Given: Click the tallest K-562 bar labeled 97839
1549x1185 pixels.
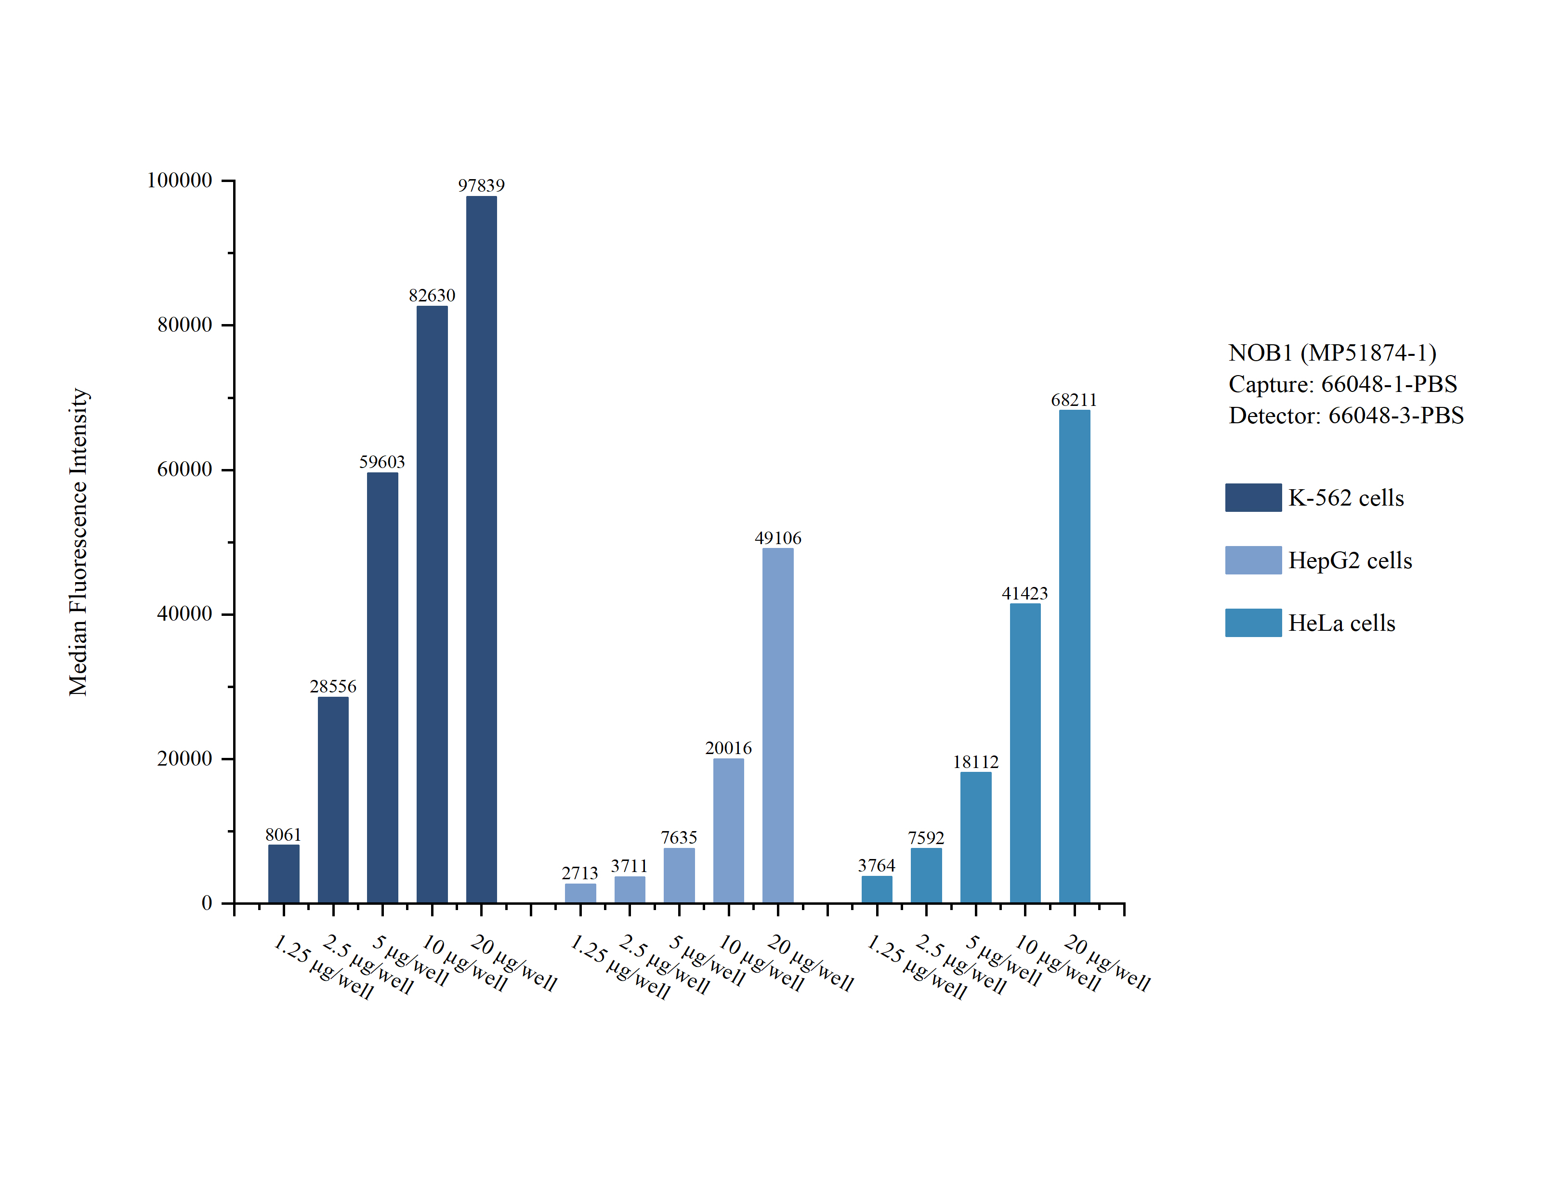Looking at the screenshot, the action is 481,549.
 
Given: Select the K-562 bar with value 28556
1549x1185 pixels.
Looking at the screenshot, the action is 333,800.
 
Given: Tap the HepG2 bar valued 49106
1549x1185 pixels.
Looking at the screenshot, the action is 778,725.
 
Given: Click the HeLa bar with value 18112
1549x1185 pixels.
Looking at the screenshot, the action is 975,837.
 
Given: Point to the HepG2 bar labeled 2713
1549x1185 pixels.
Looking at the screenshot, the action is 580,893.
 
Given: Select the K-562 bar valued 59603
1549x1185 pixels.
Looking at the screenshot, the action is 382,688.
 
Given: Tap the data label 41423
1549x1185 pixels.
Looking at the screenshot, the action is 1025,593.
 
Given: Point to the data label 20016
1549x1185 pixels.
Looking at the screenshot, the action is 729,748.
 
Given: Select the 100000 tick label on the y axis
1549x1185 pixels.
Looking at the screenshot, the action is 179,181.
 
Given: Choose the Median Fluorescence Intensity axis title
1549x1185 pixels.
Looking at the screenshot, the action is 79,542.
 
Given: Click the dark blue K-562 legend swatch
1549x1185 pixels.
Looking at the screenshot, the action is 1253,497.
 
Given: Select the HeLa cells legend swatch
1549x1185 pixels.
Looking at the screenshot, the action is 1253,623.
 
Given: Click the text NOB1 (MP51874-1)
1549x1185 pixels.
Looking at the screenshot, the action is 1332,352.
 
